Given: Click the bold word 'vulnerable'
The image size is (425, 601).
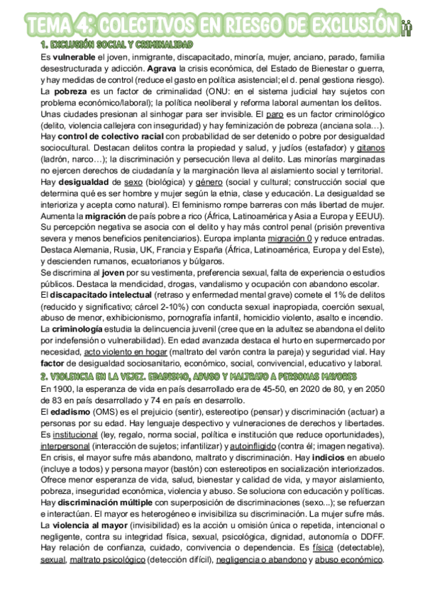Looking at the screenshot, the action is pos(74,56).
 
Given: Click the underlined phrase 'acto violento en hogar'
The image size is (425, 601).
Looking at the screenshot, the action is pos(126,353).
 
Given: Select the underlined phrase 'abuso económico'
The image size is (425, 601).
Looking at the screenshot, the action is pos(349,559).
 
